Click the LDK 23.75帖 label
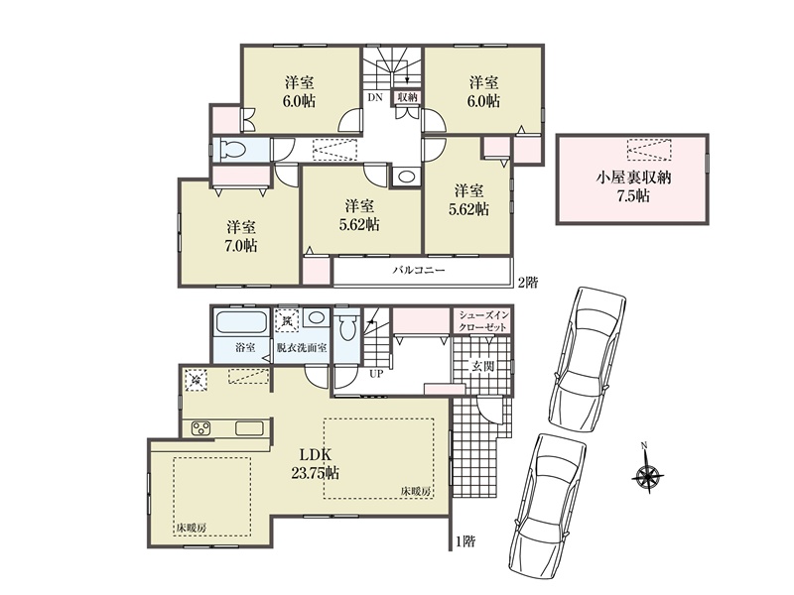pos(315,464)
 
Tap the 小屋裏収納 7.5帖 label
pos(633,186)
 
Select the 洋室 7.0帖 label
pos(241,236)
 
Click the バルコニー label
pos(419,270)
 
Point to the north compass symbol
pos(648,469)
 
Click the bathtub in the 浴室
pos(241,321)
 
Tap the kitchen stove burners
pos(201,428)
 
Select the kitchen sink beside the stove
pos(250,428)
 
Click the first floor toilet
pos(346,327)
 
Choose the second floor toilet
pos(232,150)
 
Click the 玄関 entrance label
pos(482,366)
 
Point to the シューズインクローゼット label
pos(482,320)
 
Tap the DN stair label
pos(375,98)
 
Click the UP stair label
pos(376,375)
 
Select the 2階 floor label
pos(527,283)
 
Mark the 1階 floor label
pos(465,541)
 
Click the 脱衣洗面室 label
pos(302,348)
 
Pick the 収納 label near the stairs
pos(407,97)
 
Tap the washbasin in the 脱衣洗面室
pos(317,318)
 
